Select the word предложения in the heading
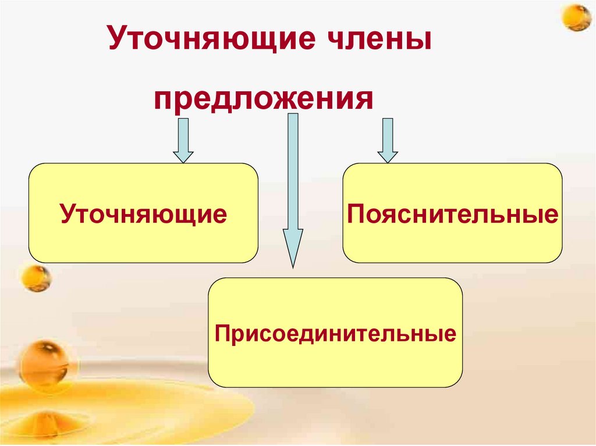[263, 99]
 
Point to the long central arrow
[293, 186]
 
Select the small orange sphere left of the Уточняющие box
[36, 278]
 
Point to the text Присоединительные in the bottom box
[335, 334]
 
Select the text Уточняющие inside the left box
[143, 214]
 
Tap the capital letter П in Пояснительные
[356, 215]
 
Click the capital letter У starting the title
[116, 43]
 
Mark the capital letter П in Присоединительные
[221, 334]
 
